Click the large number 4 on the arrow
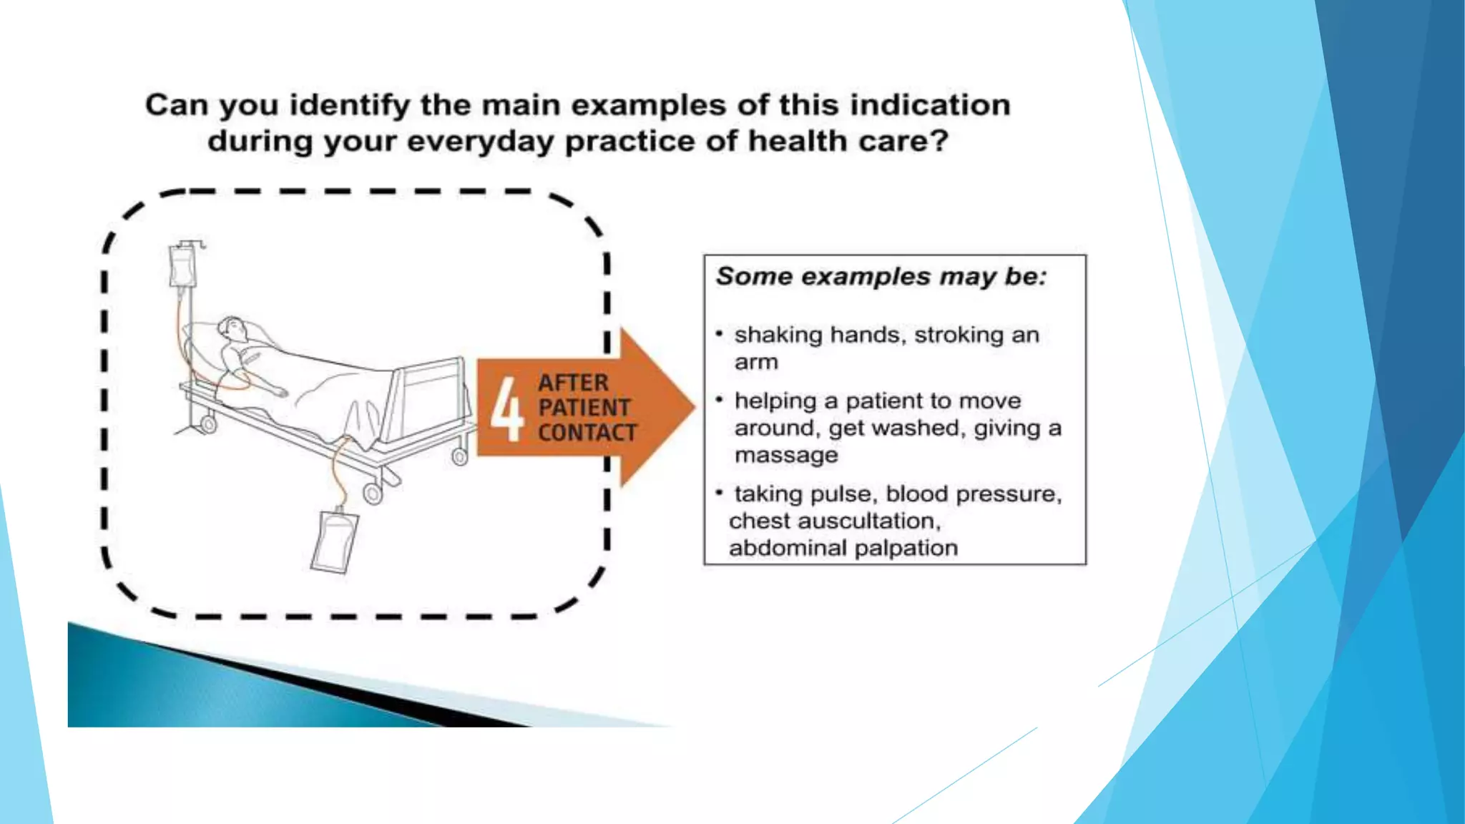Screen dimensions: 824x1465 pyautogui.click(x=507, y=409)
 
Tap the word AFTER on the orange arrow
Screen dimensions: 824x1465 pyautogui.click(x=573, y=383)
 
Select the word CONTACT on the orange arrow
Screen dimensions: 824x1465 pyautogui.click(x=587, y=433)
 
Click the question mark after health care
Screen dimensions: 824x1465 pyautogui.click(x=939, y=141)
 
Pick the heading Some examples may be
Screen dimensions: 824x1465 pyautogui.click(x=881, y=277)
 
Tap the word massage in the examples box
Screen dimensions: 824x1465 pyautogui.click(x=785, y=455)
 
